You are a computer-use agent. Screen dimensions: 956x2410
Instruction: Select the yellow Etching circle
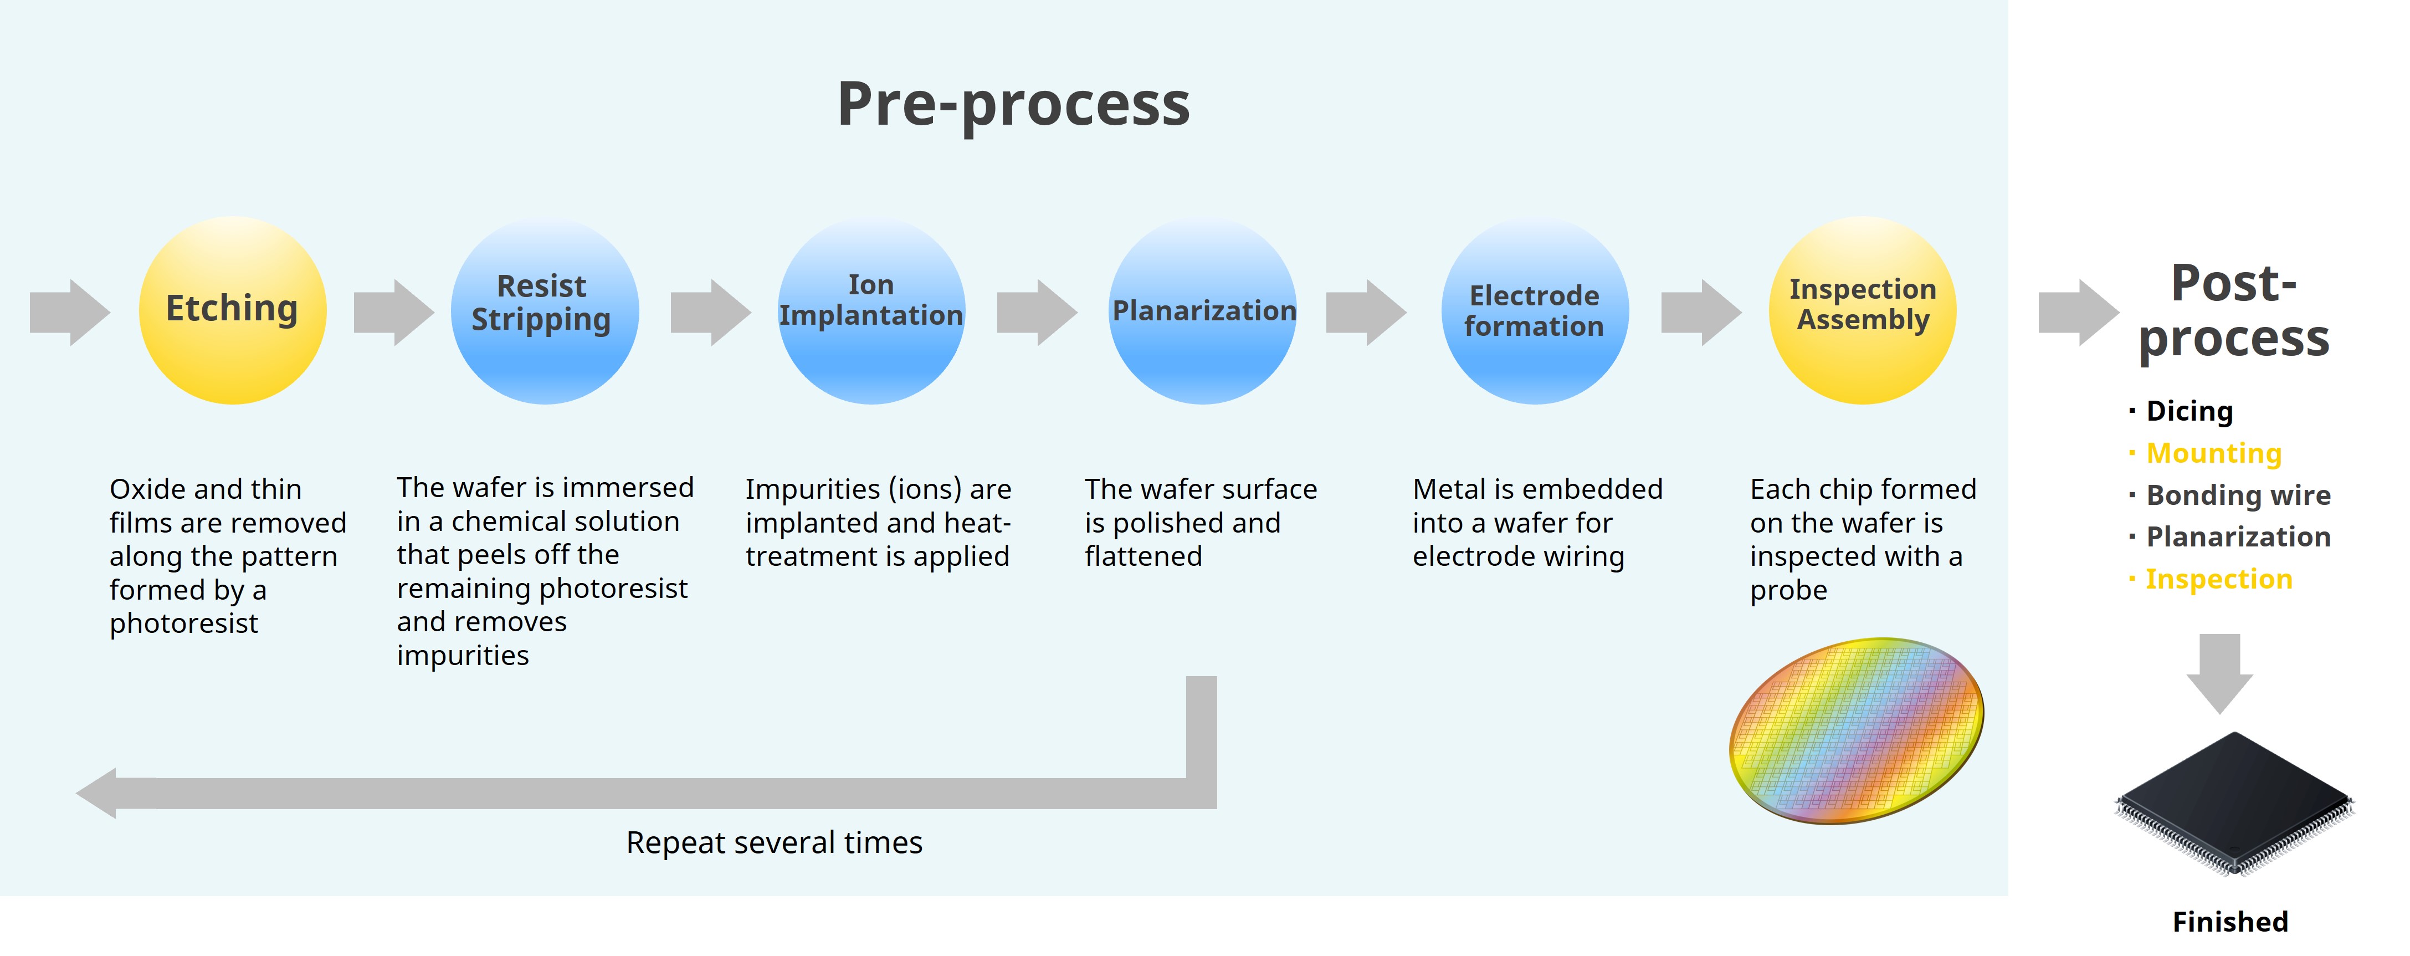coord(232,310)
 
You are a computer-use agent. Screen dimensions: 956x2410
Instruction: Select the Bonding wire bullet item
coord(2237,495)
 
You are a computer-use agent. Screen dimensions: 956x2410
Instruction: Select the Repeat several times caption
coord(774,843)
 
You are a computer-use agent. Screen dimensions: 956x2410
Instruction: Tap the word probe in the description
coord(1788,590)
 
